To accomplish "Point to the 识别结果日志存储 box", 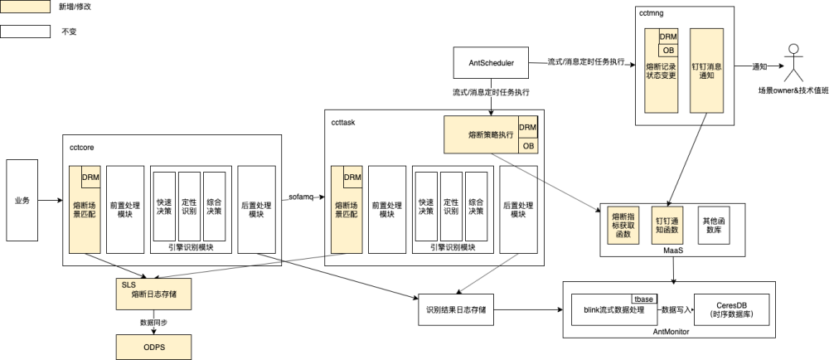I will pos(455,309).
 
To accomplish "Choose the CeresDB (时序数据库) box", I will pos(730,309).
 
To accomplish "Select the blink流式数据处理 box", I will pos(613,310).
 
